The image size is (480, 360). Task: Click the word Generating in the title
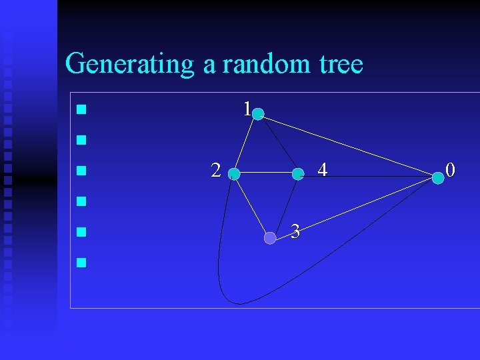129,65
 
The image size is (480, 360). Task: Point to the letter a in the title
209,65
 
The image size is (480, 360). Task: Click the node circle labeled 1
258,114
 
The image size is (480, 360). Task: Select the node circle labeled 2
234,174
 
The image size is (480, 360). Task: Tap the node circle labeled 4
298,174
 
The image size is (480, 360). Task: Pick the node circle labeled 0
437,177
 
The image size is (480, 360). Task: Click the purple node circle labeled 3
269,237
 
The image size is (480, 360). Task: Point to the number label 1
247,109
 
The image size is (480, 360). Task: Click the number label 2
215,171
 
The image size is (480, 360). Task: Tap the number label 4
323,171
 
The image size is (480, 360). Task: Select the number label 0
451,171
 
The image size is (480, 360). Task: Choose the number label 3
295,231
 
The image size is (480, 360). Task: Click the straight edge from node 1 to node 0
347,145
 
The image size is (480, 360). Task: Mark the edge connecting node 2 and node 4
266,174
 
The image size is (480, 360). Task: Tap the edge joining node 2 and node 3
251,205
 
